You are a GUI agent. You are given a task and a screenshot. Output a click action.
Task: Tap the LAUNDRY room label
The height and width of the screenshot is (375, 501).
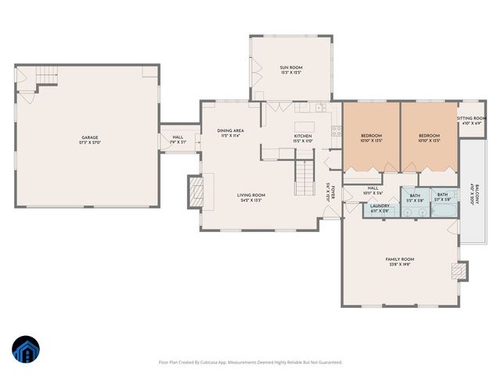click(x=380, y=208)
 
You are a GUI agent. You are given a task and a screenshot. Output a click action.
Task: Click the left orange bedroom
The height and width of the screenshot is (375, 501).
click(x=371, y=137)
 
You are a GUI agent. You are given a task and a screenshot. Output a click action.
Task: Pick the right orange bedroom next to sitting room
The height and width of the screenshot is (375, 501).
click(x=430, y=137)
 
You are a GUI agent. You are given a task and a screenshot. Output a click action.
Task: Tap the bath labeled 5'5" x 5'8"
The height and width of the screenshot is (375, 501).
click(x=415, y=198)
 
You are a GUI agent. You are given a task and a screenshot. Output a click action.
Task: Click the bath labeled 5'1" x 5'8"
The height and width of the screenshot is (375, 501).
click(x=442, y=197)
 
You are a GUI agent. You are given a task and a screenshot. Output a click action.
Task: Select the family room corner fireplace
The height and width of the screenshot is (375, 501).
click(x=458, y=271)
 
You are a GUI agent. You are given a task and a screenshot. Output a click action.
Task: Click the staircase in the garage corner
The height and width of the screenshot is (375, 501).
click(x=48, y=76)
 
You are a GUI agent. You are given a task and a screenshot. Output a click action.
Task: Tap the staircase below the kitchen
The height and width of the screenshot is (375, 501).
click(x=303, y=176)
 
